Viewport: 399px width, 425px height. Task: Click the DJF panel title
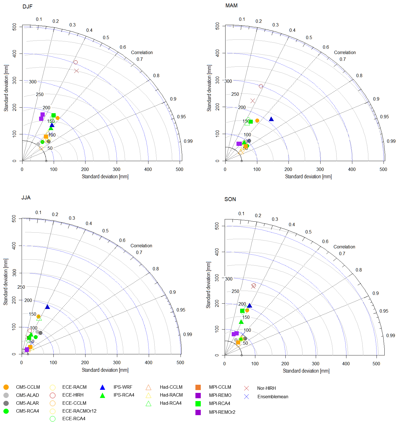click(x=28, y=6)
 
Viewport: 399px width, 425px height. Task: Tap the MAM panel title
click(x=231, y=5)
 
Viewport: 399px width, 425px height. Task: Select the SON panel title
click(x=230, y=199)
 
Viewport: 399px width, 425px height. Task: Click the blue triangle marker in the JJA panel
click(x=48, y=307)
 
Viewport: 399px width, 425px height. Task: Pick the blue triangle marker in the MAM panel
click(x=271, y=119)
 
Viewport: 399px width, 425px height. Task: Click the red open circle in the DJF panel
click(x=75, y=62)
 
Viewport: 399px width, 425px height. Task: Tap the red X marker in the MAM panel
click(x=253, y=101)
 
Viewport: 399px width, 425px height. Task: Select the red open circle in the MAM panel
click(x=261, y=86)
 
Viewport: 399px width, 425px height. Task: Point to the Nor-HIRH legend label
click(x=266, y=388)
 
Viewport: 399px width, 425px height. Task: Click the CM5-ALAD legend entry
click(x=27, y=395)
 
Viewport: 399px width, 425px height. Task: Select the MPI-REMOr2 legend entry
click(x=222, y=412)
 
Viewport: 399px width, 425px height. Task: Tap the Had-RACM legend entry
click(x=171, y=395)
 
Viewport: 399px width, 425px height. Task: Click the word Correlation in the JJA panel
click(x=141, y=246)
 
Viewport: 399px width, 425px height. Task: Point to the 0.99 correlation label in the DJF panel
click(x=188, y=141)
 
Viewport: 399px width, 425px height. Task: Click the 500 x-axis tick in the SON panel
click(x=376, y=364)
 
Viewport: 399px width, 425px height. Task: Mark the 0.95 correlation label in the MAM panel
click(x=384, y=117)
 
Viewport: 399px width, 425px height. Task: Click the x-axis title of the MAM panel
click(x=308, y=177)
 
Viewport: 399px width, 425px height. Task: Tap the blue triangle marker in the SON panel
click(x=249, y=306)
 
